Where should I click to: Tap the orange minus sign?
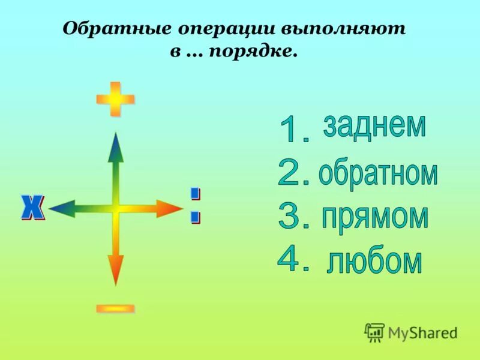tap(115, 308)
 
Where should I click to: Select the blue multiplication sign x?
tap(33, 208)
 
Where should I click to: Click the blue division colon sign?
tap(195, 205)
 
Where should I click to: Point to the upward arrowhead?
tap(115, 148)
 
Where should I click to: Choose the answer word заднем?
tap(374, 125)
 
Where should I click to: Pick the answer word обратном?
tap(378, 173)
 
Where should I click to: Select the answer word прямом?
tap(374, 217)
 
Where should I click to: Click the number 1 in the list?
tap(293, 130)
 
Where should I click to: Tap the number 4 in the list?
tap(293, 259)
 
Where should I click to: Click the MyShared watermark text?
tap(422, 332)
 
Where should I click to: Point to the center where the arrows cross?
tap(115, 209)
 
